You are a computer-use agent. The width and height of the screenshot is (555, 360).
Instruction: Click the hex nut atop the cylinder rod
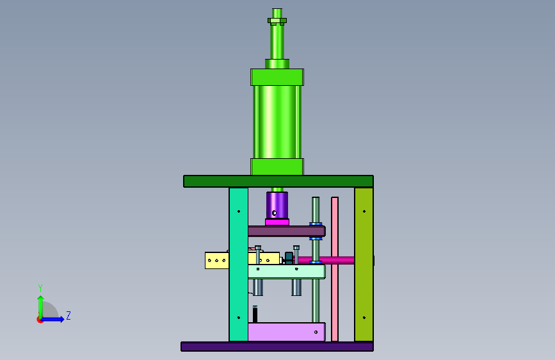pyautogui.click(x=277, y=21)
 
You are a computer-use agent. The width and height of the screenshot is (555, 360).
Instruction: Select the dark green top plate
pyautogui.click(x=278, y=181)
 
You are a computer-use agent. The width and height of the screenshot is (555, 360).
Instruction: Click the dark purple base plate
pyautogui.click(x=277, y=346)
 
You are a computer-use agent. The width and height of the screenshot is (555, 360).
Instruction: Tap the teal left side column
pyautogui.click(x=239, y=265)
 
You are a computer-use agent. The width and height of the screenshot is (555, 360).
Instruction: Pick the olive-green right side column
pyautogui.click(x=364, y=265)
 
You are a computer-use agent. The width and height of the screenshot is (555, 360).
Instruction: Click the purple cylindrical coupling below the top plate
pyautogui.click(x=277, y=205)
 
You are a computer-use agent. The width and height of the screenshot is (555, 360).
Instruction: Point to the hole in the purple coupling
pyautogui.click(x=274, y=213)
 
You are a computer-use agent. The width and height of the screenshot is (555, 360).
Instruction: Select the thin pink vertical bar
pyautogui.click(x=335, y=269)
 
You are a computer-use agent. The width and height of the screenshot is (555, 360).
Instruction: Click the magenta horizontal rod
pyautogui.click(x=326, y=261)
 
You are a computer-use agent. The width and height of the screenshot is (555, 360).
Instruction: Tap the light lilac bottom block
pyautogui.click(x=286, y=332)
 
